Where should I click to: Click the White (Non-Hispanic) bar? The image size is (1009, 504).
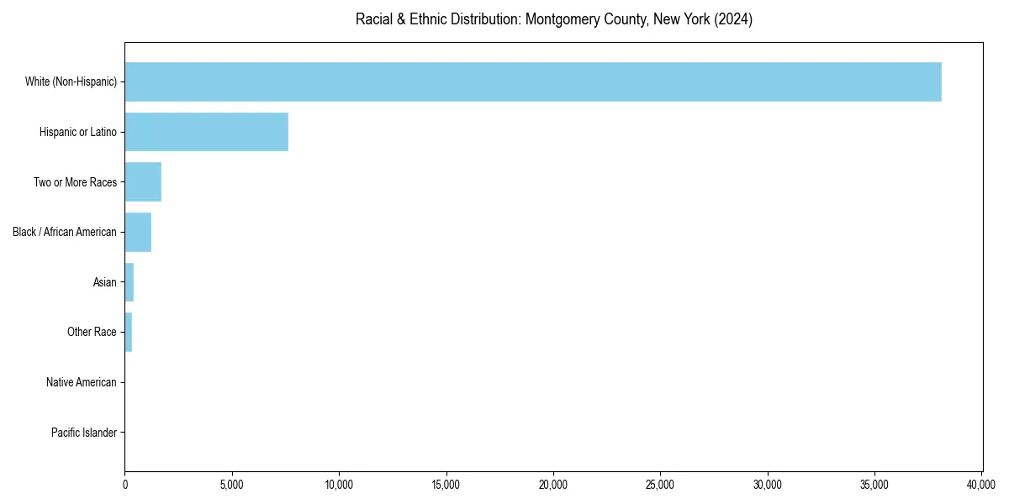click(533, 81)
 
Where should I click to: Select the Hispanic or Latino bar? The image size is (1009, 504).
click(206, 132)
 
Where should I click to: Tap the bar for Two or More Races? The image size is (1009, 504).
click(143, 182)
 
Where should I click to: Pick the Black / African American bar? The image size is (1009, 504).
click(138, 232)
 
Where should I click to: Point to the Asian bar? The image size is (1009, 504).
click(129, 282)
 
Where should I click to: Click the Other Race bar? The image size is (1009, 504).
click(129, 333)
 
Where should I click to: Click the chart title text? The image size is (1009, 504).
click(553, 19)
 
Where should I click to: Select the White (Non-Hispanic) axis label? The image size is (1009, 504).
click(71, 81)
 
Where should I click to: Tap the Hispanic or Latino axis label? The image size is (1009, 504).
click(78, 132)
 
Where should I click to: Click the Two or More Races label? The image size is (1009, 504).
click(75, 182)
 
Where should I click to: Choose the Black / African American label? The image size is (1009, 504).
click(65, 232)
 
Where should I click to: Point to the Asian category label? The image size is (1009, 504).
click(105, 282)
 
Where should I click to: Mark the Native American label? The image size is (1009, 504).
click(82, 382)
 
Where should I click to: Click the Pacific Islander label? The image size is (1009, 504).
click(84, 433)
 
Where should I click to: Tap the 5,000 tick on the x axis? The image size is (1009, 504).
click(232, 485)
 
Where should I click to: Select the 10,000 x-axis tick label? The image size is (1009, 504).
click(339, 485)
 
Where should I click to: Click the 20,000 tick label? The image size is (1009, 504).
click(553, 485)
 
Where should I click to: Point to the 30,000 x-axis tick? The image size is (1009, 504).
click(768, 485)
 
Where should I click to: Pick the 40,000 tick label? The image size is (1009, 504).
click(981, 485)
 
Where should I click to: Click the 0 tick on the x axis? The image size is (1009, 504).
click(125, 485)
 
